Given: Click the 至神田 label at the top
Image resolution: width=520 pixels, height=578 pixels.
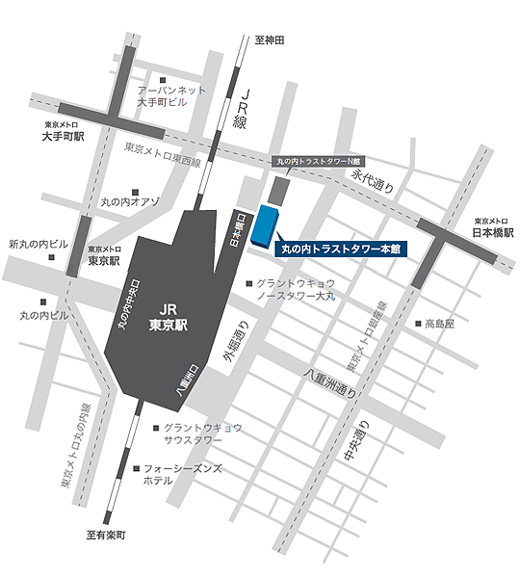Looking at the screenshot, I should [x=271, y=39].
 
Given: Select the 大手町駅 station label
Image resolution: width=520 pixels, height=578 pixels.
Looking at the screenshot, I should [x=64, y=137].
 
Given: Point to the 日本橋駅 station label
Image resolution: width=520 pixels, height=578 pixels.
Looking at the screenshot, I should [x=494, y=232].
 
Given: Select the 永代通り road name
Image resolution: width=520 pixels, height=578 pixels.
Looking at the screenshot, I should [x=374, y=183].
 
